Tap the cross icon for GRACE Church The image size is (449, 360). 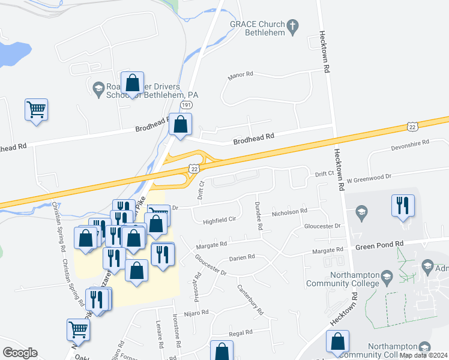[292, 26]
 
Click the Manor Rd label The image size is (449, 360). [241, 76]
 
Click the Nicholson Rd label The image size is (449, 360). [289, 211]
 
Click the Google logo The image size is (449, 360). [19, 352]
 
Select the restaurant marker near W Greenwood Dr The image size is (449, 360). [402, 205]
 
